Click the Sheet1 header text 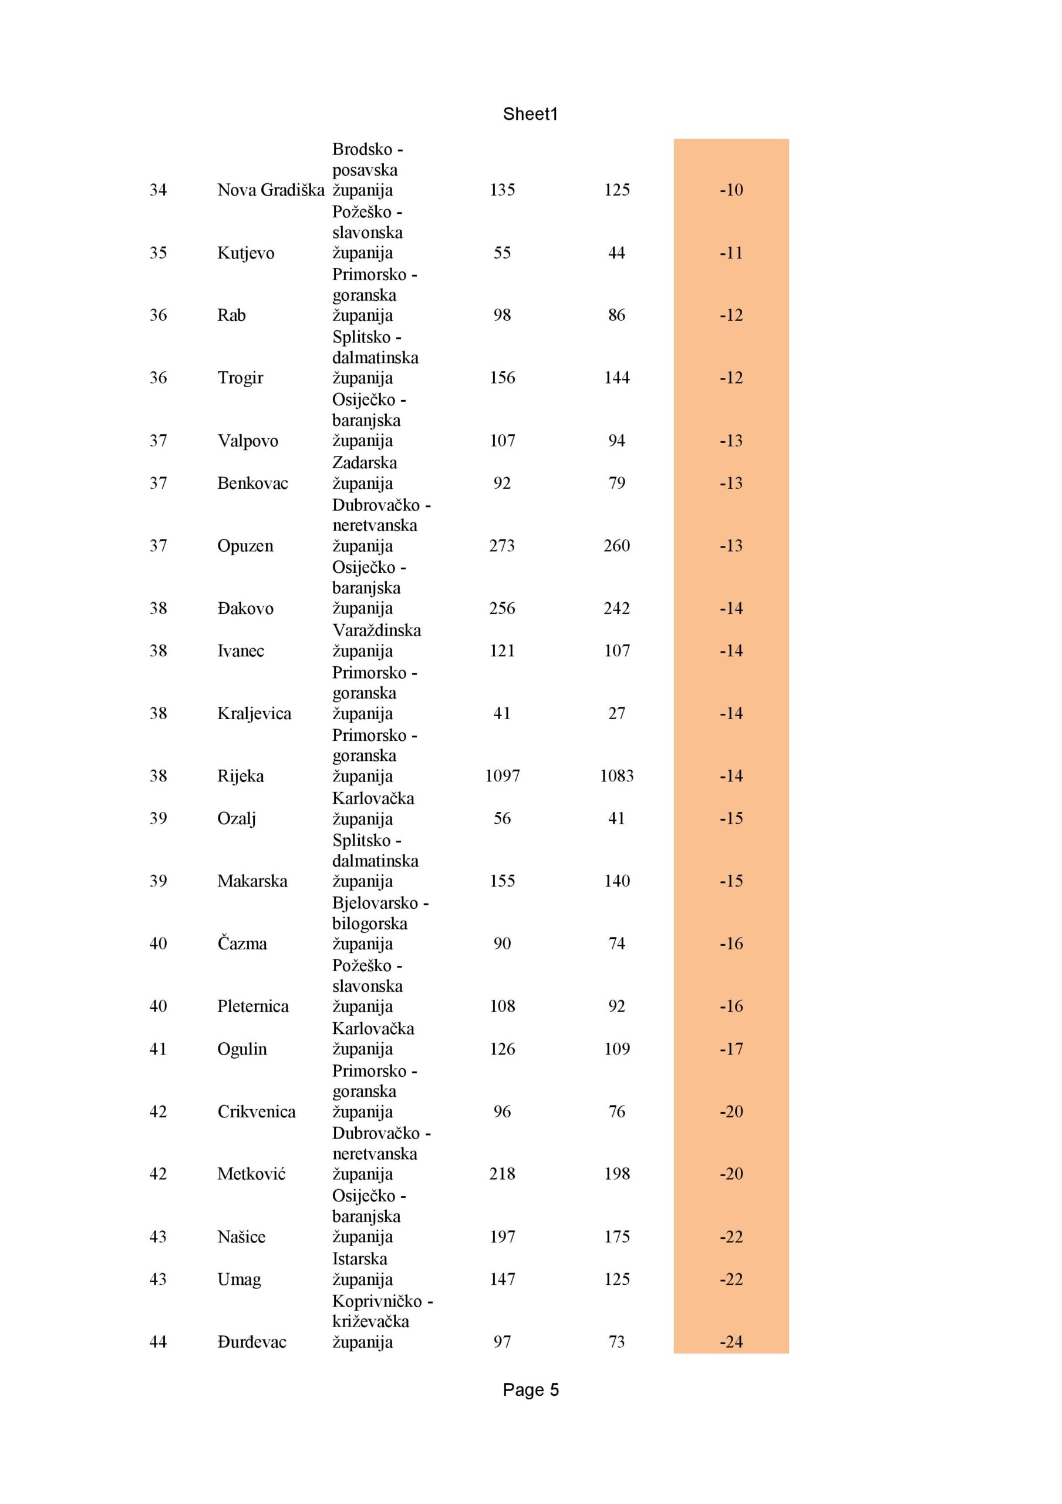[530, 114]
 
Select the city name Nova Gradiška [271, 190]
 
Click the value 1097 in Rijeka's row [502, 776]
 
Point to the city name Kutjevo [245, 253]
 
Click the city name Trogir [240, 378]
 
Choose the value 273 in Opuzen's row [501, 546]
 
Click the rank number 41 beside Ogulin [158, 1049]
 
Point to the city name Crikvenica [256, 1112]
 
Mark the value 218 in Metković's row [501, 1174]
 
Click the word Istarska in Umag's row [359, 1258]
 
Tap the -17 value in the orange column [731, 1049]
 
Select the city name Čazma [242, 944]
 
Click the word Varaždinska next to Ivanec [376, 630]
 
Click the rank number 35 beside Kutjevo [158, 253]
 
